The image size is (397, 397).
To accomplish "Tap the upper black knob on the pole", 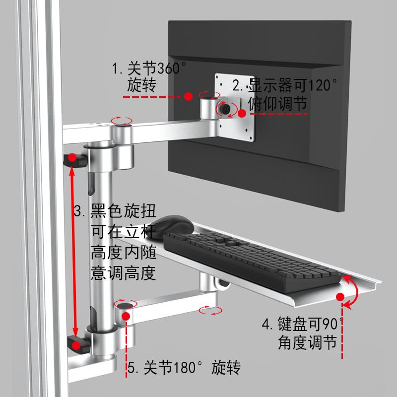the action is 72,159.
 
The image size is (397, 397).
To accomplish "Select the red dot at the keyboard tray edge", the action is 340,297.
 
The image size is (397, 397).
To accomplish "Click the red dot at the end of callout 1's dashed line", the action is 188,96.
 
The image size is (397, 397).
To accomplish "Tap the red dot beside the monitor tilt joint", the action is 242,113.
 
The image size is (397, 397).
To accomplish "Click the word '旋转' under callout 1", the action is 141,86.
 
